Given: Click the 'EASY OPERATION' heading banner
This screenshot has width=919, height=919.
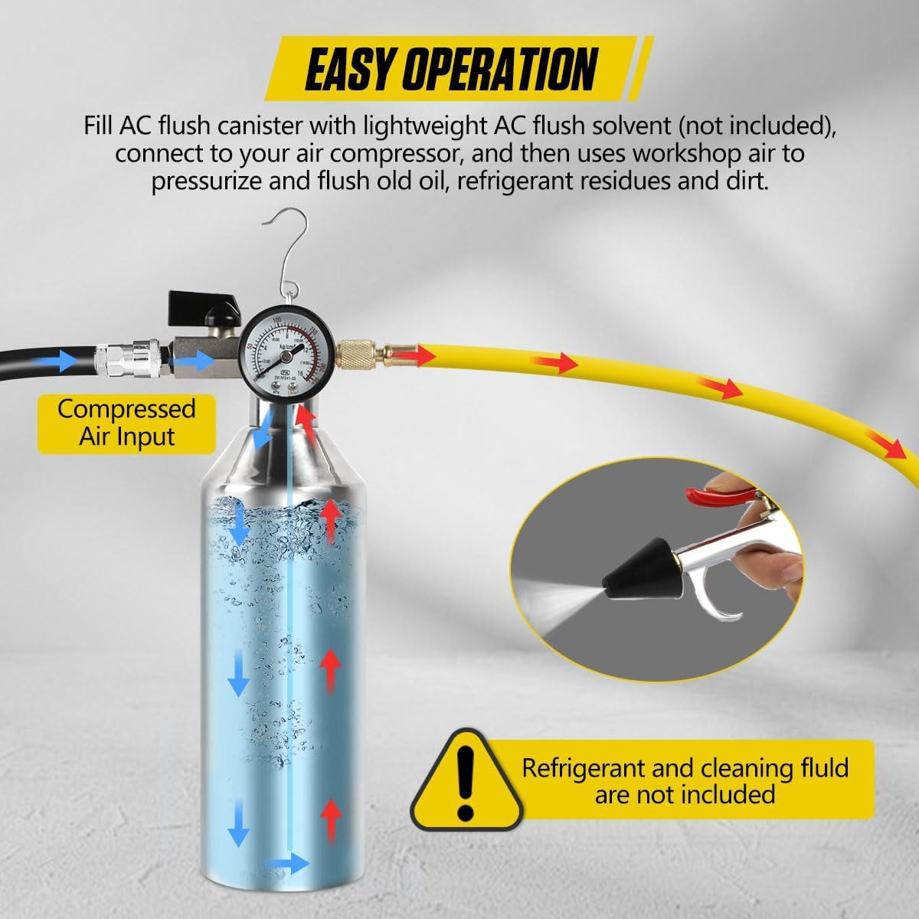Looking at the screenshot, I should [x=452, y=70].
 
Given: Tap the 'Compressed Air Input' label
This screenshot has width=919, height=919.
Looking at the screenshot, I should [x=126, y=423].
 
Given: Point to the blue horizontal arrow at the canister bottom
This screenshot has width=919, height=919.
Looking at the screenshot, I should [x=287, y=864].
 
